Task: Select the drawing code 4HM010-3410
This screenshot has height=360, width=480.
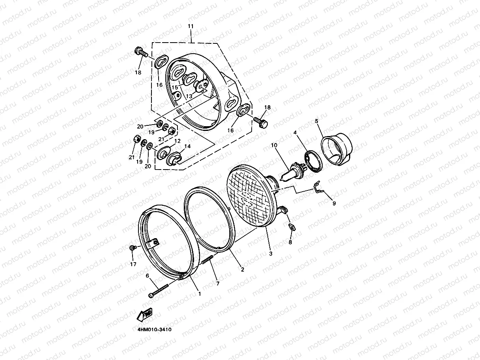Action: (151, 329)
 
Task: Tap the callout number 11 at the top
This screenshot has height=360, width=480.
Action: (191, 26)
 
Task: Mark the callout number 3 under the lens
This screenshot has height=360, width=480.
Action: (271, 254)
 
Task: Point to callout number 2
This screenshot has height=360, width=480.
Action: (242, 270)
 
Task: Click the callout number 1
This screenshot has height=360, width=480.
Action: (200, 294)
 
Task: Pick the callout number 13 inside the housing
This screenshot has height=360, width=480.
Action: (189, 96)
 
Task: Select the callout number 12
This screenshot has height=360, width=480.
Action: (177, 141)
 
